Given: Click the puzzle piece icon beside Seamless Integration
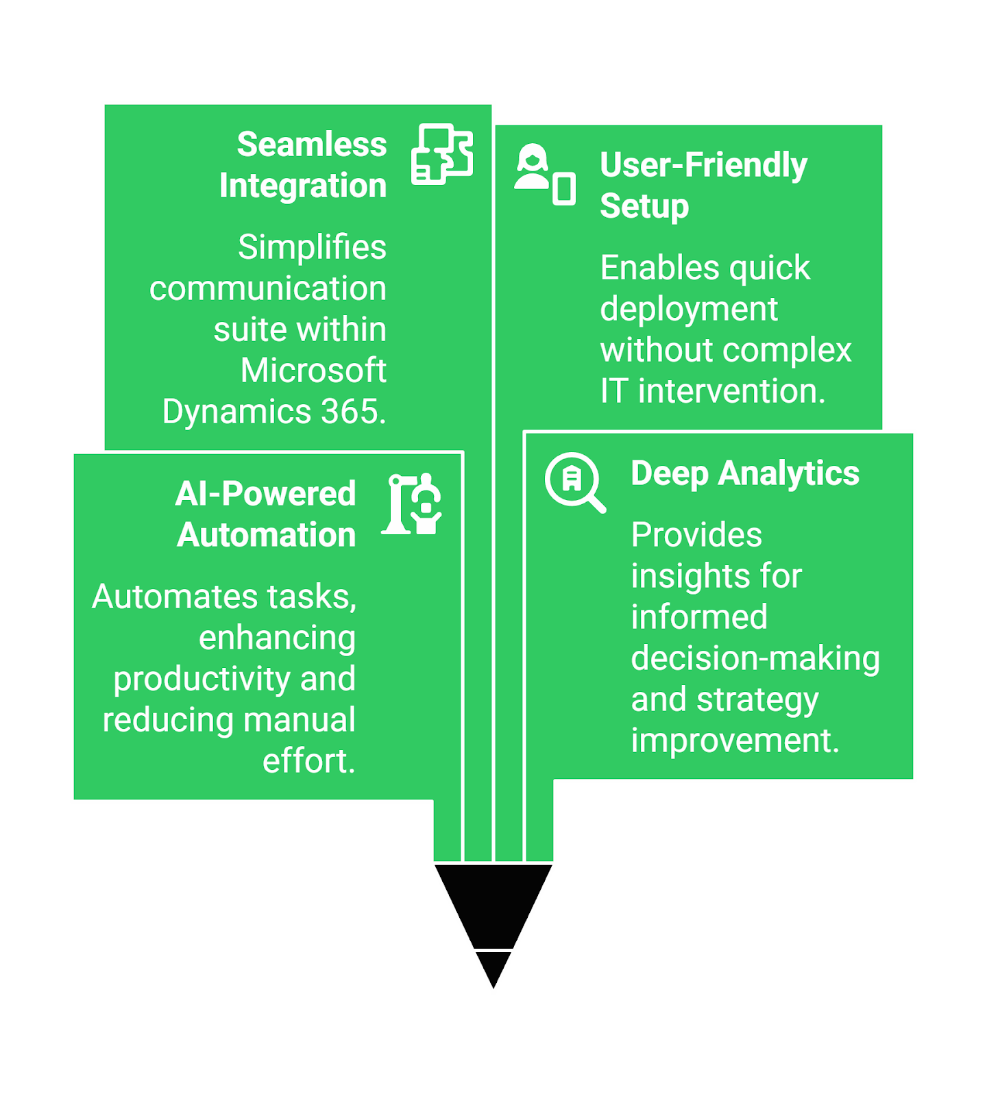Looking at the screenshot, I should coord(442,154).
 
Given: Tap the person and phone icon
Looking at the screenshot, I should coord(545,175).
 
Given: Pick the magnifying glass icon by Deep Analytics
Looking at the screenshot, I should coord(575,482).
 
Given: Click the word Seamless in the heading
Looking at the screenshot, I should coord(312,145).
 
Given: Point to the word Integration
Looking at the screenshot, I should coord(303,186).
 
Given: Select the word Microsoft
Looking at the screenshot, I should coord(313,371).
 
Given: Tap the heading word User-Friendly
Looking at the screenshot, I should coord(703,165).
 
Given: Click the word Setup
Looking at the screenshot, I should coord(644,206).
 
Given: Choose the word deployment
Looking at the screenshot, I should coord(689,310).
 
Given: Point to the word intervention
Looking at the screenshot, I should coord(731,391).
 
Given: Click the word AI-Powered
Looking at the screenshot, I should coord(265,494).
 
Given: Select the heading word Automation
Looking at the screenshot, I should coord(267,535).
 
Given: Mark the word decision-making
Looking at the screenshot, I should coord(755,658).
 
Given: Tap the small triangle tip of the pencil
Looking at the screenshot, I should coord(493,969).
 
